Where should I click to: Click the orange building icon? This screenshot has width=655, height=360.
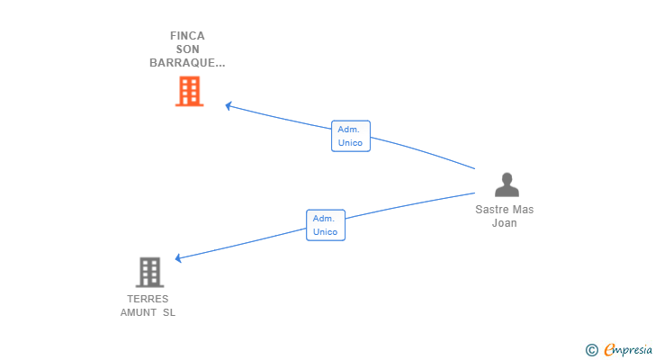(189, 91)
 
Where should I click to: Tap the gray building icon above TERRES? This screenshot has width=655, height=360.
(149, 273)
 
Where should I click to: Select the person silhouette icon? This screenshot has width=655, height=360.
(507, 184)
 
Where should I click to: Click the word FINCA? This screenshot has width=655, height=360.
(187, 36)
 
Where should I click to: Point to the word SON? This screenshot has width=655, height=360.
(187, 49)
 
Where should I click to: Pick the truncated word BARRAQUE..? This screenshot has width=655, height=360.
(187, 63)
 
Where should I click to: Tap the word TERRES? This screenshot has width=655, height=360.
(148, 299)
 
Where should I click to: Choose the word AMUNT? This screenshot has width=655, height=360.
(139, 312)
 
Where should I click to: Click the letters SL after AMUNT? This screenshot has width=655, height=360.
(169, 312)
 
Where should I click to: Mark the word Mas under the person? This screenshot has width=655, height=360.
(524, 210)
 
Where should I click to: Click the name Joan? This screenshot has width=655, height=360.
(504, 223)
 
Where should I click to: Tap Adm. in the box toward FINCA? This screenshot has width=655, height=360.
(348, 130)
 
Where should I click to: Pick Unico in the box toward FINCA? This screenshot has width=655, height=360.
(350, 143)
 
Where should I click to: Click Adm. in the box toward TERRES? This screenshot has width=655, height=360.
(323, 219)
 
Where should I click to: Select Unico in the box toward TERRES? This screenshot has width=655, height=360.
(325, 232)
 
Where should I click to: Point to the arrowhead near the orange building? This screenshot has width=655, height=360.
(229, 105)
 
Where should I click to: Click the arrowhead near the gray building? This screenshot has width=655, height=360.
(178, 258)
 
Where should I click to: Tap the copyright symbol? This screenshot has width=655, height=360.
(591, 350)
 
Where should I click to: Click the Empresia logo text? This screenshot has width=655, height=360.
(628, 349)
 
